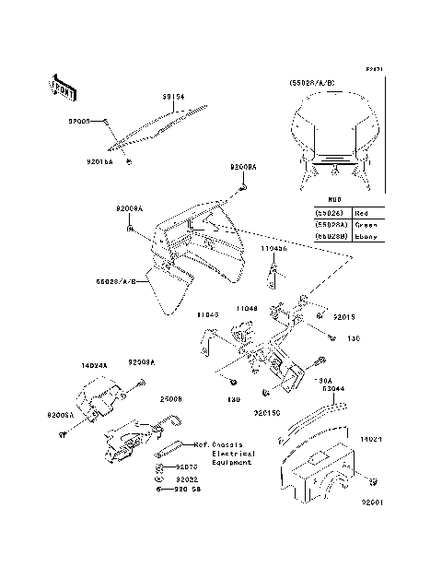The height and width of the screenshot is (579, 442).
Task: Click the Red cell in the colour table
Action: coord(364,212)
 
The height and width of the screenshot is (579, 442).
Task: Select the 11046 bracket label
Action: coord(246,309)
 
